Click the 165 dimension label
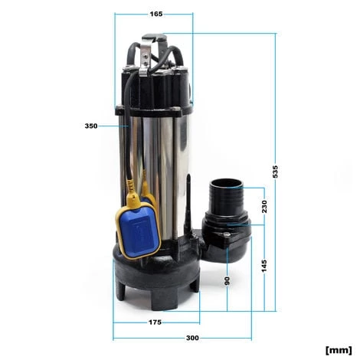point(155,14)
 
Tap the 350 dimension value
point(91,126)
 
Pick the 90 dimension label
point(227,280)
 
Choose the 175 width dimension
point(155,322)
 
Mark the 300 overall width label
point(192,337)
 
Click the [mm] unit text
point(338,349)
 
